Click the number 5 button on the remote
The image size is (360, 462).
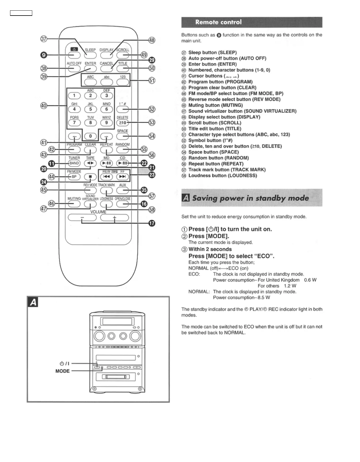tap(90, 109)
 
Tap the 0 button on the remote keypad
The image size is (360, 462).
tap(90, 136)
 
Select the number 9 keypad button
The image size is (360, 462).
tap(106, 123)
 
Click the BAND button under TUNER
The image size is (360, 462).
tap(74, 163)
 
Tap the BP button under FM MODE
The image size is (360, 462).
tap(74, 177)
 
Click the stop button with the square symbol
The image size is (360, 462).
tap(90, 177)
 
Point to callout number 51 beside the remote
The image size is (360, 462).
tap(152, 81)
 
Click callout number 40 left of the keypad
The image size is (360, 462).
tap(43, 106)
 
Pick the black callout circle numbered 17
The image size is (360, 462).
tap(152, 223)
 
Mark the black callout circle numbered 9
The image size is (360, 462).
tap(43, 55)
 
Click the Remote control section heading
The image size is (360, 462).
tap(218, 22)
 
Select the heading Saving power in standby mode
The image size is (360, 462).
tap(250, 198)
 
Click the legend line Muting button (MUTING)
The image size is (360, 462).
tap(216, 105)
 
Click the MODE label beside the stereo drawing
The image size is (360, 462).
tap(62, 371)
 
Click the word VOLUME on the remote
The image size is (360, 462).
tap(98, 212)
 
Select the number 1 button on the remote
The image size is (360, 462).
tap(74, 96)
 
